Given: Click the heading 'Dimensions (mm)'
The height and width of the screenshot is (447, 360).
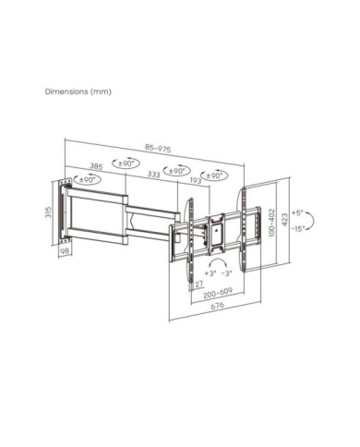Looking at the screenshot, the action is [78, 91].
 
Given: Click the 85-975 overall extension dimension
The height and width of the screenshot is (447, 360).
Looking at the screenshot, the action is [158, 149].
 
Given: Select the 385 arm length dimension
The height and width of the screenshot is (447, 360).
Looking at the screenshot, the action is [96, 166].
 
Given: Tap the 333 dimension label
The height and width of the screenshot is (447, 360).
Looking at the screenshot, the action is [154, 175].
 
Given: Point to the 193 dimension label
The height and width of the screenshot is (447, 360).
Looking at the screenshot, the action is [195, 180].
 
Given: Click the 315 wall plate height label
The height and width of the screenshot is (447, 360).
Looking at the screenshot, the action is [48, 212].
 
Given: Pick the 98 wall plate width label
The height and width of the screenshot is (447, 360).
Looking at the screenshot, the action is [65, 251].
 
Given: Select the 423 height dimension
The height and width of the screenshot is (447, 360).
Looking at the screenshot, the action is [285, 220].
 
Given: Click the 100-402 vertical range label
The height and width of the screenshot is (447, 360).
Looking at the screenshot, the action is [271, 223].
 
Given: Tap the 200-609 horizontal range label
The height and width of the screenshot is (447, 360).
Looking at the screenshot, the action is [218, 293].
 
